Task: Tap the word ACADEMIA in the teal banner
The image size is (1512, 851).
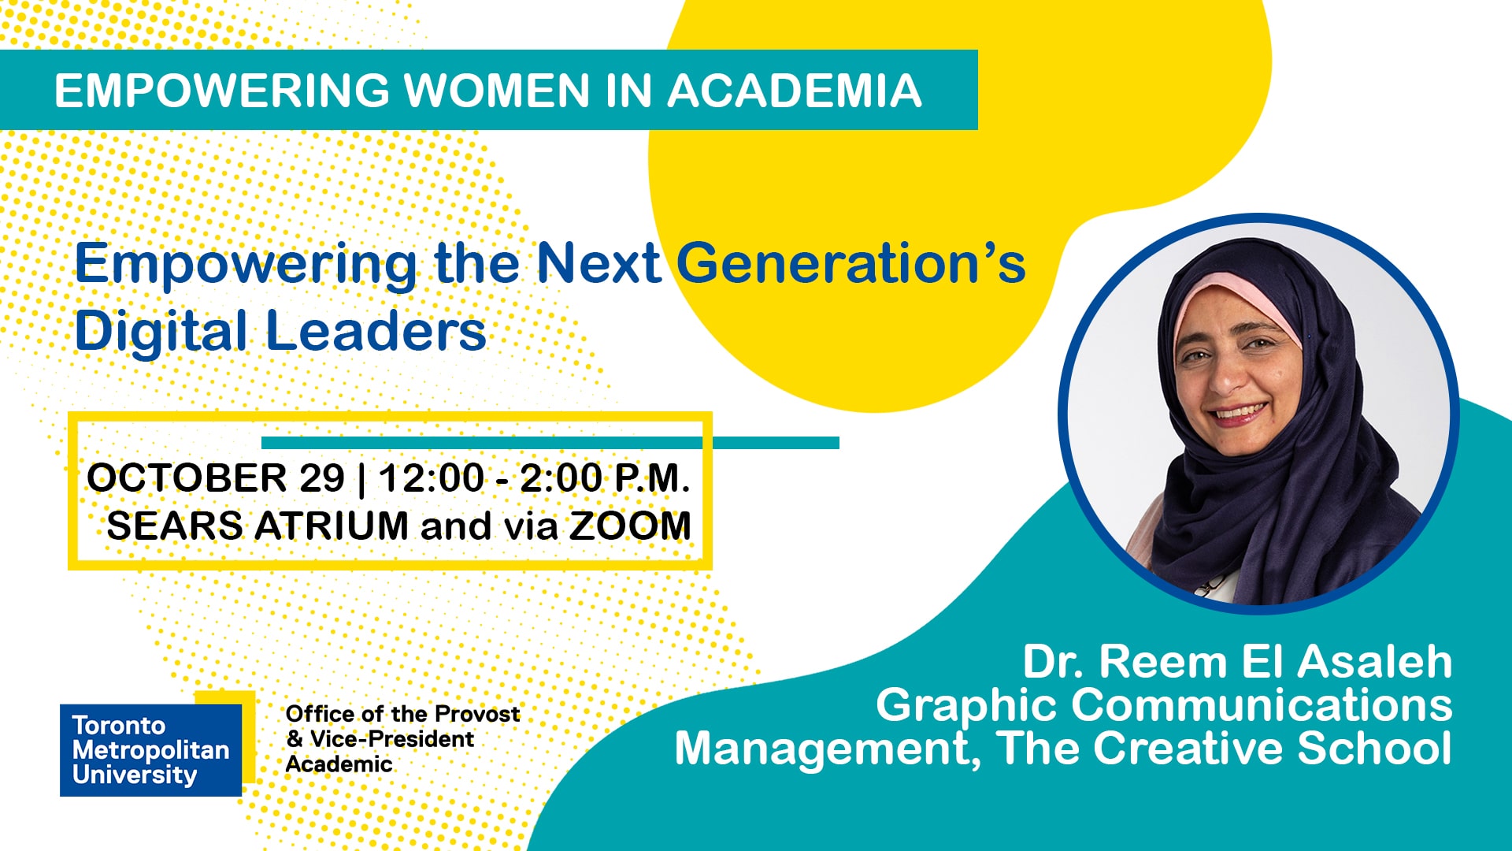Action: click(x=795, y=90)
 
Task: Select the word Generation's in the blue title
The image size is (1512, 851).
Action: click(x=851, y=263)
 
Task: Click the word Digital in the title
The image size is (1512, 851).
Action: click(x=161, y=332)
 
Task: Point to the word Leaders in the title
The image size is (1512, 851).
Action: click(x=376, y=330)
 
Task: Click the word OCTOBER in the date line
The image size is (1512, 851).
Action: click(x=187, y=478)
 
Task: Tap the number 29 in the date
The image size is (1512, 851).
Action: click(x=322, y=478)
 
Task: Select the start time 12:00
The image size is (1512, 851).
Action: click(x=432, y=478)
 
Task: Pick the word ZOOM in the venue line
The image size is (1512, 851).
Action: click(x=630, y=526)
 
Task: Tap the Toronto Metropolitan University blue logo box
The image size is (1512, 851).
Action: click(x=150, y=749)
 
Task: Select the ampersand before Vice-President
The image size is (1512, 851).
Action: click(x=295, y=739)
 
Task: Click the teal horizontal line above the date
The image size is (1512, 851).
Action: click(x=550, y=443)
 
